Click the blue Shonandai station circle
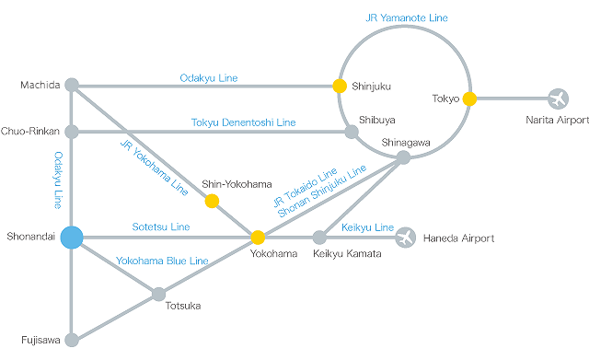coord(72,238)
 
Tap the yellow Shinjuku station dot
coord(340,86)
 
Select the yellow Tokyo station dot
coord(469,98)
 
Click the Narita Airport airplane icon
coord(558,98)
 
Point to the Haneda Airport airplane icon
coord(405,238)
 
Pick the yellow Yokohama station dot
coord(259,238)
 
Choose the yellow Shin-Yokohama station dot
coord(212,201)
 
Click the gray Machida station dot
coord(72,86)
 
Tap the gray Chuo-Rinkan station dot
coord(72,132)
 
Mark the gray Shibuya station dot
coord(351,132)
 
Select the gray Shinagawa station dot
coord(403,157)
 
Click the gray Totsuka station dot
coord(159,294)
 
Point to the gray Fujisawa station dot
coord(72,339)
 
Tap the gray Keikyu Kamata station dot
coord(319,238)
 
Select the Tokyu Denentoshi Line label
coord(243,122)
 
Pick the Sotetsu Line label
coord(162,226)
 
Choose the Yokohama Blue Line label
coord(162,261)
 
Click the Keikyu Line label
coord(367,227)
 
